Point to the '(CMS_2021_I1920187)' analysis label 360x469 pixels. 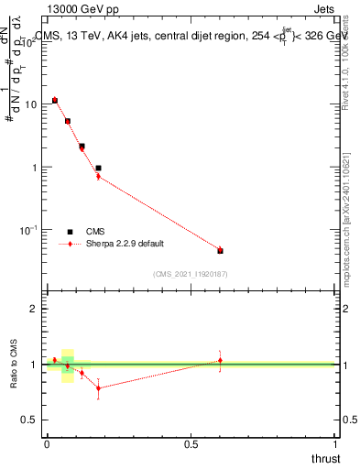(x=191, y=274)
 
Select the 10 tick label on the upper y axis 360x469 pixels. (x=29, y=104)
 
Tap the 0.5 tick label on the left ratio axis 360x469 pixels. (x=30, y=419)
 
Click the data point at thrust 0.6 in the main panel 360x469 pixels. (x=220, y=250)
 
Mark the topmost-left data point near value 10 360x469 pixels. (x=55, y=100)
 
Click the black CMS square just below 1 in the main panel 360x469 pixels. (x=98, y=169)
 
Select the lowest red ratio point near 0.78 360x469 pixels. (x=98, y=387)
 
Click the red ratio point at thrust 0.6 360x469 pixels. (x=220, y=360)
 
